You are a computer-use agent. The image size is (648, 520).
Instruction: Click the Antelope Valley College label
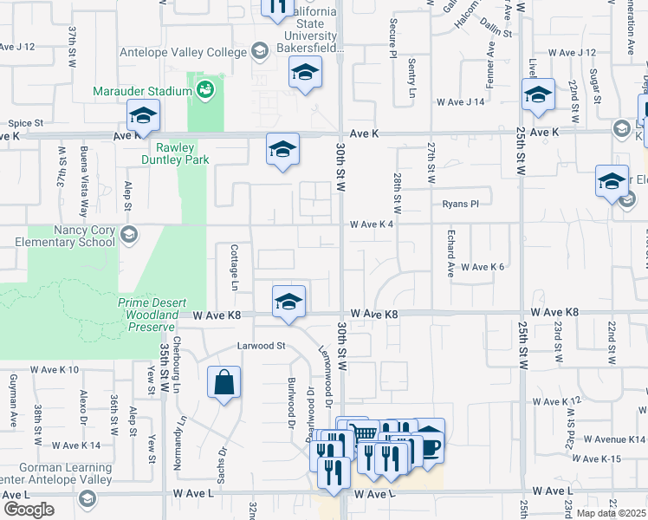click(x=185, y=52)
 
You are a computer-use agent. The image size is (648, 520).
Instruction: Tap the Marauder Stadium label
click(x=143, y=90)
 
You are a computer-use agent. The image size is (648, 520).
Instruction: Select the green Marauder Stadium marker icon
click(x=205, y=88)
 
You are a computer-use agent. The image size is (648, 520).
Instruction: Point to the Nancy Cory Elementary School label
click(x=59, y=235)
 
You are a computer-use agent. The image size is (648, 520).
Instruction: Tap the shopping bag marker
click(x=224, y=382)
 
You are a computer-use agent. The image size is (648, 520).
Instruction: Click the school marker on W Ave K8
click(x=289, y=302)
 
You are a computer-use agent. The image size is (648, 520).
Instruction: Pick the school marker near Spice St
click(x=143, y=115)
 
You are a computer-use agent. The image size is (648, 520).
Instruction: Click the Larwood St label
click(x=262, y=346)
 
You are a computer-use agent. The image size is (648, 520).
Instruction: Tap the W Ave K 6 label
click(x=482, y=267)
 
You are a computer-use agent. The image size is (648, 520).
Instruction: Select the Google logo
click(x=29, y=510)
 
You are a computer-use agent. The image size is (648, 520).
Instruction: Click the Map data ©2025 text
click(x=612, y=513)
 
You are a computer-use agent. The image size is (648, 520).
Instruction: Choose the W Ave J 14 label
click(x=460, y=102)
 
